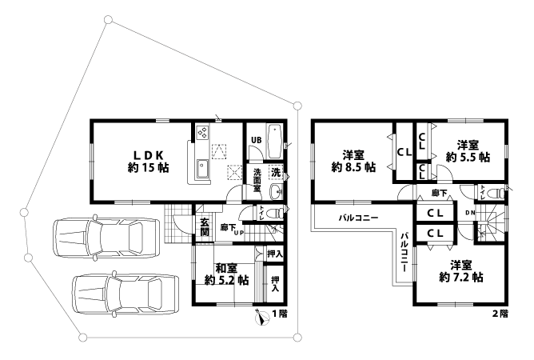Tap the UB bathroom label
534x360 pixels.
[x=256, y=142]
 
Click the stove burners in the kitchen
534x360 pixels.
[x=202, y=132]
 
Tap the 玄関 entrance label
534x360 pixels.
[x=204, y=226]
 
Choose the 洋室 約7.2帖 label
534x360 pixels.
[x=460, y=271]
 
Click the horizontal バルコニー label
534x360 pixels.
[x=357, y=218]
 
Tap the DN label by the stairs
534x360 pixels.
[x=471, y=212]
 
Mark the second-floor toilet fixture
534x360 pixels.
[x=493, y=192]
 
